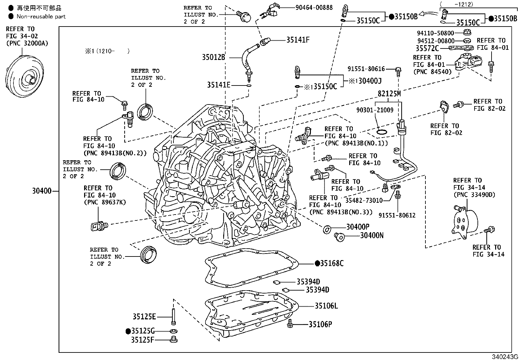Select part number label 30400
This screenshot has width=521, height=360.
point(42,191)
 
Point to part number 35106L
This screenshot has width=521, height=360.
point(326,306)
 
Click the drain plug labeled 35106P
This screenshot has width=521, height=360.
point(290,324)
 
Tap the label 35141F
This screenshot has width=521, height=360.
point(298,40)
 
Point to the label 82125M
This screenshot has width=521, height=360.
point(389,94)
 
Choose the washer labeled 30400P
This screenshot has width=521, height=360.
point(326,229)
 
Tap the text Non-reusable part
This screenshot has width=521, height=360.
point(41,16)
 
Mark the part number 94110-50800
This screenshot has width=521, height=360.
point(435,33)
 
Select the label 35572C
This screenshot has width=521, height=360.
point(427,48)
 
